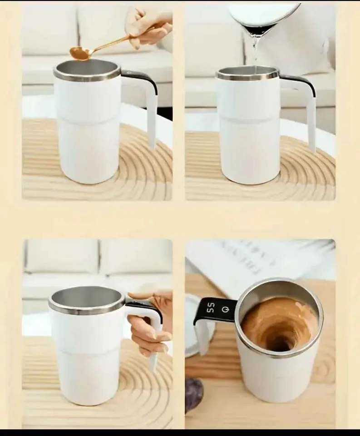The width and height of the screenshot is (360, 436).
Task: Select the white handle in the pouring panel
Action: point(311,118)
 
